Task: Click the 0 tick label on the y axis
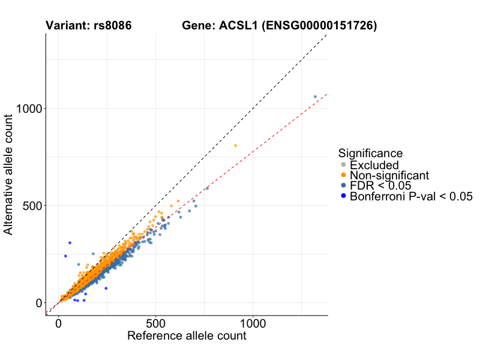[39, 303]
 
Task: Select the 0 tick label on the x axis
[58, 323]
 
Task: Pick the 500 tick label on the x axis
[155, 323]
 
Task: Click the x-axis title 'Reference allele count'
[187, 336]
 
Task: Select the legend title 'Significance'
[370, 153]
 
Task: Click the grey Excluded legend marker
[343, 165]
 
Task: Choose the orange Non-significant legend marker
[343, 175]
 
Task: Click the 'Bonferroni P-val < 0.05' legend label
[412, 196]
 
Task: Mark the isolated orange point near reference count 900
[235, 145]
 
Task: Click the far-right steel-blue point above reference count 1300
[315, 97]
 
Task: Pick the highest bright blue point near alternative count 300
[70, 243]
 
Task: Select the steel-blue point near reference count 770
[208, 188]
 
